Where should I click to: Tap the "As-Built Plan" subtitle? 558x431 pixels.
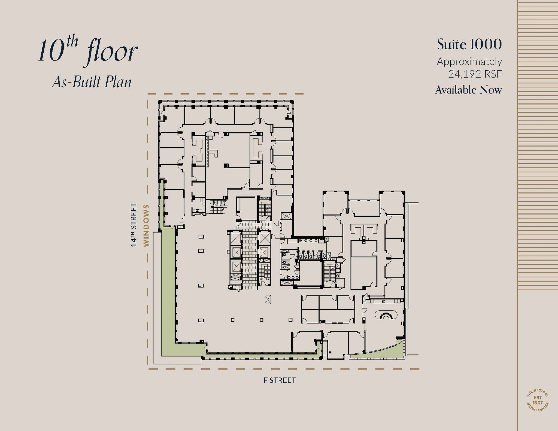[x=92, y=82]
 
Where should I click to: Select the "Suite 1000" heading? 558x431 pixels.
[x=469, y=44]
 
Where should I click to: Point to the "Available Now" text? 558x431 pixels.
[x=468, y=90]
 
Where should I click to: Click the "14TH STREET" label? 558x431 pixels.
[x=134, y=225]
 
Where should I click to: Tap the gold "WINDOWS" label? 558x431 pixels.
[x=146, y=226]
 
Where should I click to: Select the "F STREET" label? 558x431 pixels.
[x=280, y=380]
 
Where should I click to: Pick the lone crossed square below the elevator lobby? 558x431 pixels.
[x=268, y=299]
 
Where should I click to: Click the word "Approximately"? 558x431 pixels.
[x=469, y=62]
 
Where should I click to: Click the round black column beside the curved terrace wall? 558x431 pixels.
[x=330, y=352]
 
